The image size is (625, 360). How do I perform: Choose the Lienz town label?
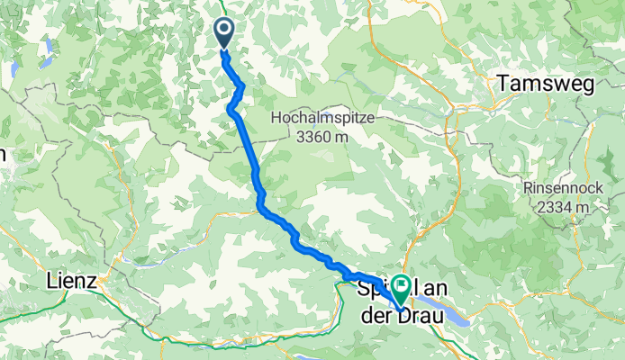70,281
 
